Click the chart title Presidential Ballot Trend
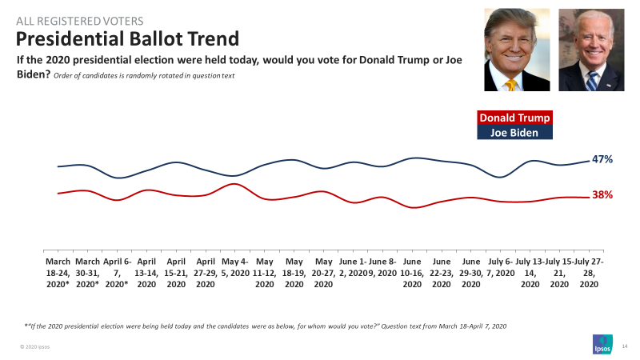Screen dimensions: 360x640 [128, 38]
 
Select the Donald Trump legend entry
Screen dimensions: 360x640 [514, 118]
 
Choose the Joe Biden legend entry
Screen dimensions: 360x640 [514, 133]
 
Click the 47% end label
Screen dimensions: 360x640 [602, 159]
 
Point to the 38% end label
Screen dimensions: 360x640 [602, 194]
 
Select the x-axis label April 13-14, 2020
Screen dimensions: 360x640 [146, 272]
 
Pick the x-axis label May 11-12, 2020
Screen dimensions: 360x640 [265, 272]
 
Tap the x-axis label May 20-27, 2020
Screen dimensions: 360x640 [324, 272]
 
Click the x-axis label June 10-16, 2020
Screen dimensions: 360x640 [412, 272]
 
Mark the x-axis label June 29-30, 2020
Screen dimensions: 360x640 [471, 272]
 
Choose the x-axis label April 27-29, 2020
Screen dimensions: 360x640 [206, 272]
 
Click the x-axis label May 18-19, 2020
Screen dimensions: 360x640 [294, 272]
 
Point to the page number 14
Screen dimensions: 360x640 [625, 346]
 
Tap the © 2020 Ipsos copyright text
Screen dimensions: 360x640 [35, 346]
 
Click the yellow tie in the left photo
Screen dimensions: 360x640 [510, 82]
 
